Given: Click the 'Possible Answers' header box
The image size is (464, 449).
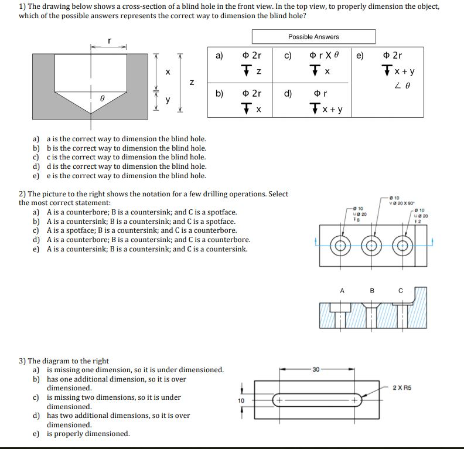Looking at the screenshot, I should (x=313, y=36).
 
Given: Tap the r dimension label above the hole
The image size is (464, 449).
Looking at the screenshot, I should (x=109, y=40).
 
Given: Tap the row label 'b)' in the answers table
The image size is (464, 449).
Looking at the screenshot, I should (x=220, y=94).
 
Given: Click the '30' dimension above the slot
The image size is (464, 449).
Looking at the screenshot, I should (x=316, y=369).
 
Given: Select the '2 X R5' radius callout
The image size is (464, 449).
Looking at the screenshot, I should (x=401, y=388).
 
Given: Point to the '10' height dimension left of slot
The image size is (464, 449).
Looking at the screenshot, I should (x=241, y=400).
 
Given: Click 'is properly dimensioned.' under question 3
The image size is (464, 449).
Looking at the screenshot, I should (x=88, y=434).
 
